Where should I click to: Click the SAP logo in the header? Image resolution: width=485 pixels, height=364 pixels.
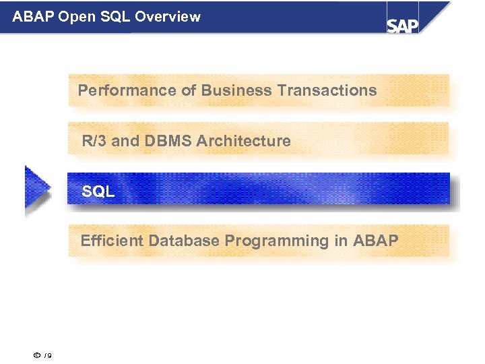403,25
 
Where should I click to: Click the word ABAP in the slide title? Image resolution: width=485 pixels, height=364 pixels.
34,16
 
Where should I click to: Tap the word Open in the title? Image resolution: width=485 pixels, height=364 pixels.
77,16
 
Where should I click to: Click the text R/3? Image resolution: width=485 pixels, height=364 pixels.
94,142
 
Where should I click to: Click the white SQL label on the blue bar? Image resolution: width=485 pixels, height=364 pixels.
98,192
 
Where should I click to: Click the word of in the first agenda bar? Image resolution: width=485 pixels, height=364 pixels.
188,90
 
